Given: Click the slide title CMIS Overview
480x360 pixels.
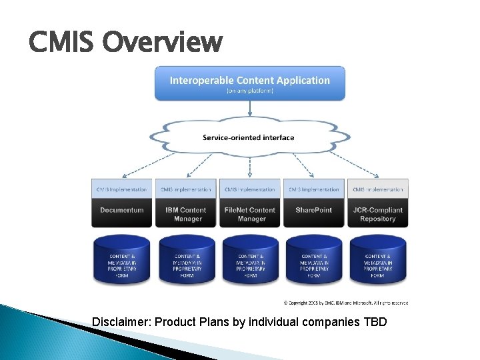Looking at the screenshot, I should (x=125, y=42).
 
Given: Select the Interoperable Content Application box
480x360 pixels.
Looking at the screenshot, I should (x=249, y=83).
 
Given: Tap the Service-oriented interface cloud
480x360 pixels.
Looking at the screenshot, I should (x=249, y=137).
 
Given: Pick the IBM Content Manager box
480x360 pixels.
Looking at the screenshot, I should (x=185, y=213).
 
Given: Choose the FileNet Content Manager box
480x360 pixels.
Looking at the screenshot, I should (x=250, y=213).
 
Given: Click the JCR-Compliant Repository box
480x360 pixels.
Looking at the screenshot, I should (x=377, y=213).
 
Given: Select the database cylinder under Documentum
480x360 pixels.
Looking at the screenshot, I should (x=121, y=262).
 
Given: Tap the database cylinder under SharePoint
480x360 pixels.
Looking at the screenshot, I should (x=313, y=262).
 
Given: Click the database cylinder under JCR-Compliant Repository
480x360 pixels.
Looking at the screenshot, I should (x=377, y=262).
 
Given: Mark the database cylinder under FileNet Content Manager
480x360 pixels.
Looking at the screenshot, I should (x=250, y=262).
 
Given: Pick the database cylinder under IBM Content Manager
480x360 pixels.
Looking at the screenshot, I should (x=185, y=262).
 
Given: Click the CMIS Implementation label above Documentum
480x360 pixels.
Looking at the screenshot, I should (x=121, y=189).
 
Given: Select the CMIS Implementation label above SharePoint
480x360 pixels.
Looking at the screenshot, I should (x=313, y=189).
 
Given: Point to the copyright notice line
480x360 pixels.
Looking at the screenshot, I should (x=345, y=302).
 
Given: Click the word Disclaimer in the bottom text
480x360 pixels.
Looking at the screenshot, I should (x=121, y=323).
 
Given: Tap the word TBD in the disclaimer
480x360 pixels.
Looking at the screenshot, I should (x=374, y=323).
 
